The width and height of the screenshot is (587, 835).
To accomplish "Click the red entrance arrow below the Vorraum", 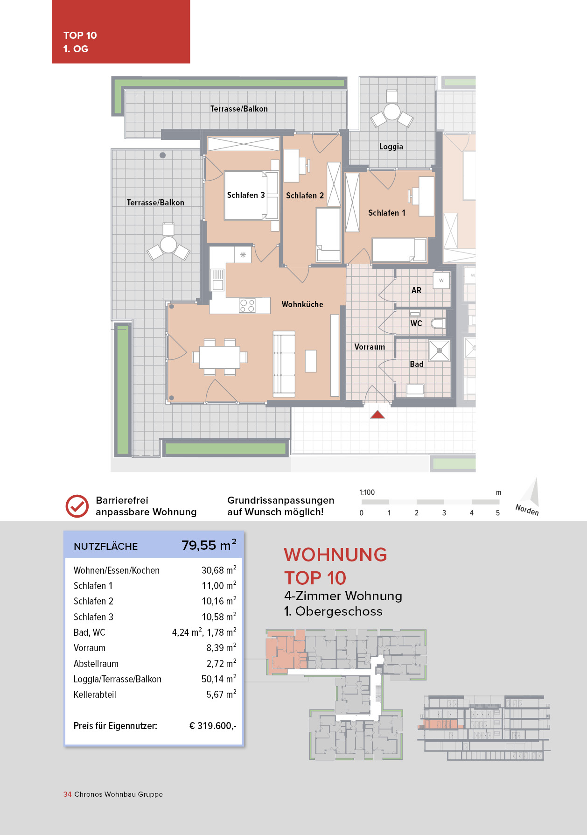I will pos(377,414).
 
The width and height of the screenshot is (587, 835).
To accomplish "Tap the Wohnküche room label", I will pos(302,304).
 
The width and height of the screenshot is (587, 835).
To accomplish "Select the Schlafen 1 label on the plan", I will pos(386,213).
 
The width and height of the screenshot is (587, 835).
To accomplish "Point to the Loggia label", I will pos(391,147).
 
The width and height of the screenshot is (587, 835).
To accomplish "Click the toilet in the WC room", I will pos(438,323).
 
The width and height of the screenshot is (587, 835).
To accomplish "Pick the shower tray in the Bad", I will pos(439,351).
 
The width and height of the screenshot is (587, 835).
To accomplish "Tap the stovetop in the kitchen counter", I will pos(247,306).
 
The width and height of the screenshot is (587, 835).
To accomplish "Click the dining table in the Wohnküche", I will pos(219,357).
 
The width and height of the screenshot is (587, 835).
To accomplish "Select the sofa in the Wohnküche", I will pos(284,364).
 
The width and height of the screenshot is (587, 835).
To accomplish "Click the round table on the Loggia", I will pos(392,112).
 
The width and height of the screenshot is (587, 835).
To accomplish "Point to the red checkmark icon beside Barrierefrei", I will pos(77,506).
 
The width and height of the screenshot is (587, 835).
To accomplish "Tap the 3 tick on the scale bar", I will pos(444,512).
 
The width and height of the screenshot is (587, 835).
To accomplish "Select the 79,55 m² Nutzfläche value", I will pos(209,545).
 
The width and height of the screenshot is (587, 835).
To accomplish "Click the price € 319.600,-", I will pos(213,726).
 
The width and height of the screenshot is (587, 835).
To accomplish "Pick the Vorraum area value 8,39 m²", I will pos(221,648).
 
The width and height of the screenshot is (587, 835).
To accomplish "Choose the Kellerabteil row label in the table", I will pos(95,695).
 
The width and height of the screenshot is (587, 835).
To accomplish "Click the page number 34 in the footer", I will pos(67,794).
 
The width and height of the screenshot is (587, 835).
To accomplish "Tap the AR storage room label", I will pos(416,290).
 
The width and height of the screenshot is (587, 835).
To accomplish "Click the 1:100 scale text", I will pos(367,492).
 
